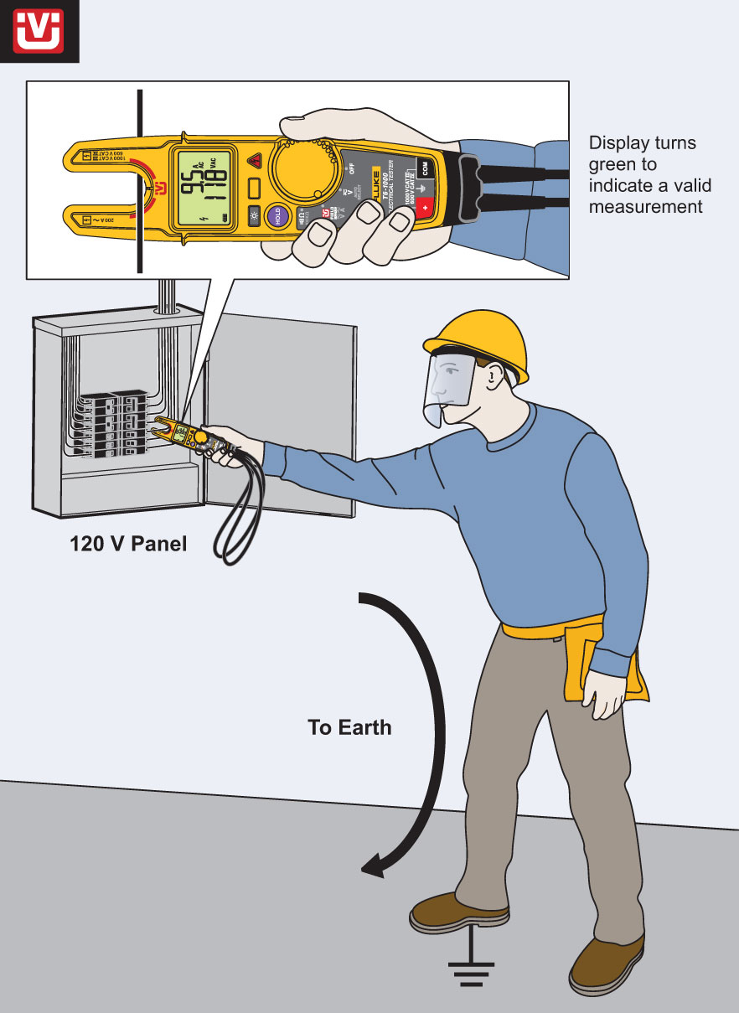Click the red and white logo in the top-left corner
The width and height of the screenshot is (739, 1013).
pos(39,30)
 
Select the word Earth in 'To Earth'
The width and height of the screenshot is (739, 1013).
pos(365,727)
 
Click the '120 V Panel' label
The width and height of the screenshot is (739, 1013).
pos(128,545)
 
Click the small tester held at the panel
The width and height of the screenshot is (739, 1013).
pos(183,431)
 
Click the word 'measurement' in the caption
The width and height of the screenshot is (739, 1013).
pos(645,205)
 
